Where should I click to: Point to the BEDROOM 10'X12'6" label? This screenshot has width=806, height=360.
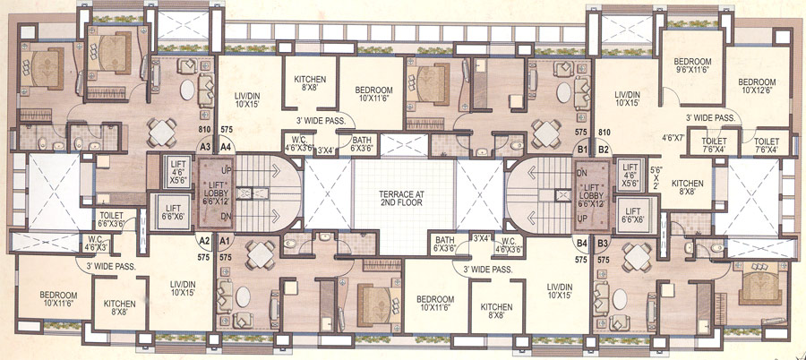[x=758, y=86]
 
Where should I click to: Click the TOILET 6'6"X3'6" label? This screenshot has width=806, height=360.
[x=116, y=219]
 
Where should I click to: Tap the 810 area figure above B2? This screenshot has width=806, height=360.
[x=604, y=131]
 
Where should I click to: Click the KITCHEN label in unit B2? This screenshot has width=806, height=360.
[x=688, y=187]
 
